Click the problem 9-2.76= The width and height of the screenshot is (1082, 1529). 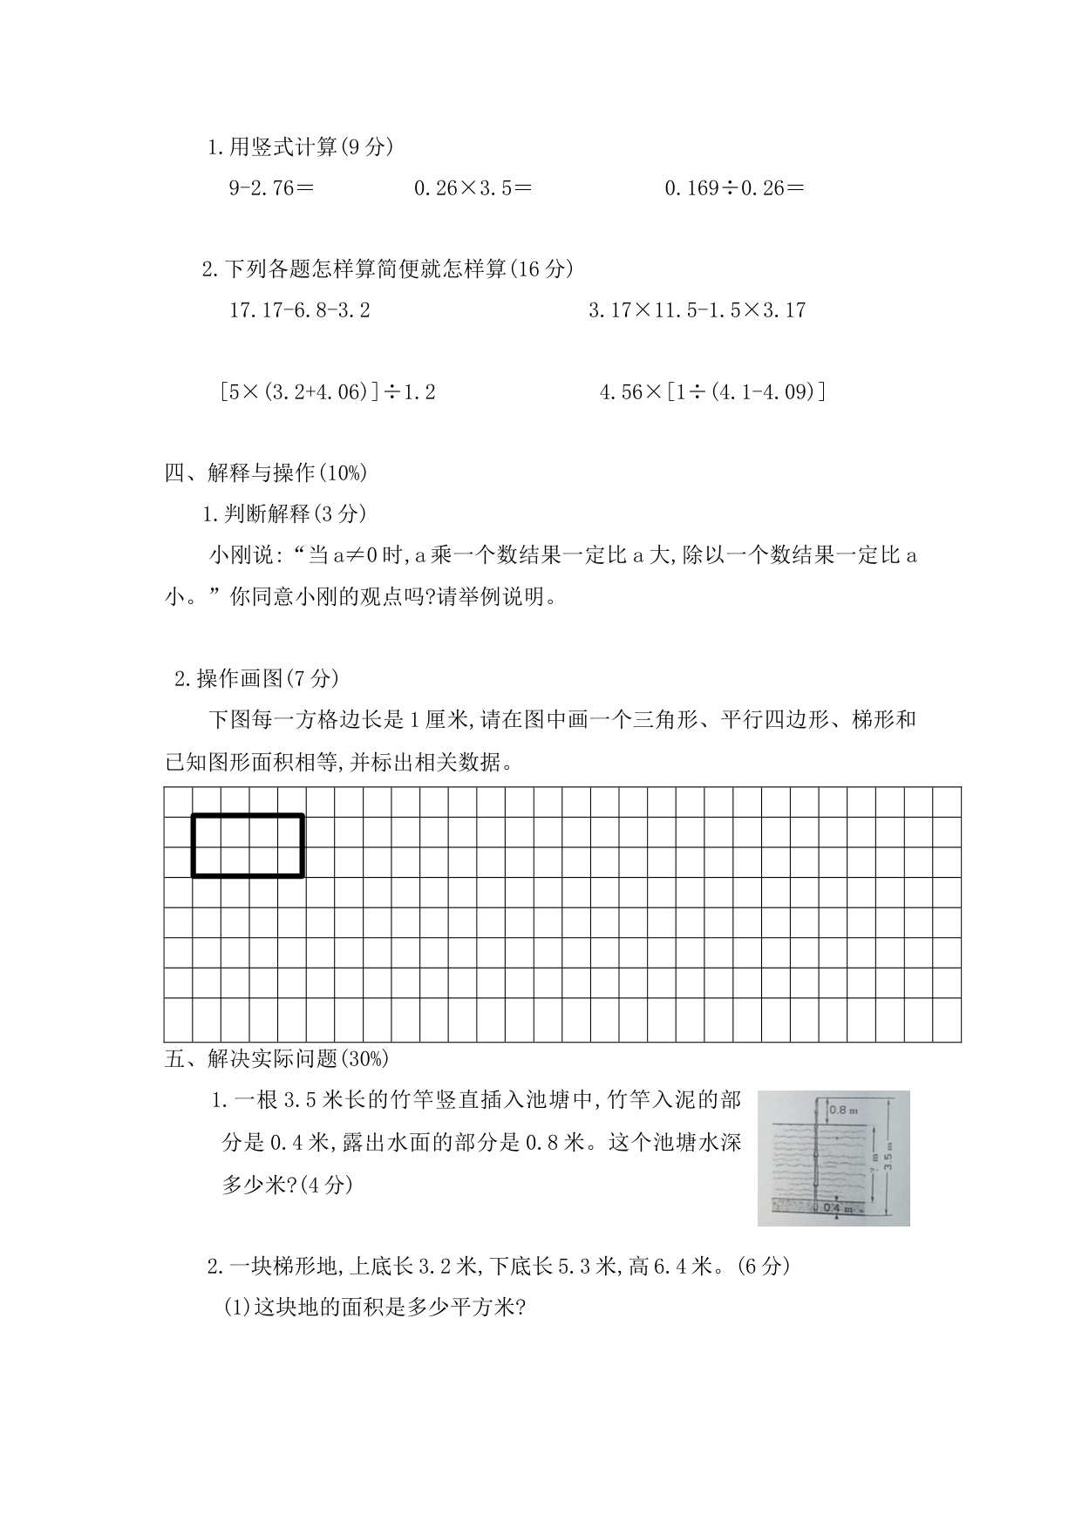coord(271,187)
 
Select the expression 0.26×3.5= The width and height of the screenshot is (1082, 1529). coord(473,187)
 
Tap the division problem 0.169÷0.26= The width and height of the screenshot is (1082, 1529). coord(734,187)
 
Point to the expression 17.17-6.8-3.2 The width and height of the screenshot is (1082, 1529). coord(300,310)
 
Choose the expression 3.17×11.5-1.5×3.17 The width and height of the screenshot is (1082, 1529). coord(697,310)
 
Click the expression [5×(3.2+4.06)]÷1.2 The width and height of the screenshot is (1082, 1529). coord(328,392)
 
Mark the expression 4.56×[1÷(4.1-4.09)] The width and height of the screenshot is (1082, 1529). coord(712,392)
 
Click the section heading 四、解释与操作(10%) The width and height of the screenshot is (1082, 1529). coord(266,472)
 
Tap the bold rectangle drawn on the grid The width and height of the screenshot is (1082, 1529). coord(248,845)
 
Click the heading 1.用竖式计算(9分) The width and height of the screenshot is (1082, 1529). coord(301,147)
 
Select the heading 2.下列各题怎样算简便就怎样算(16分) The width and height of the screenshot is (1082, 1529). coord(388,269)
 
